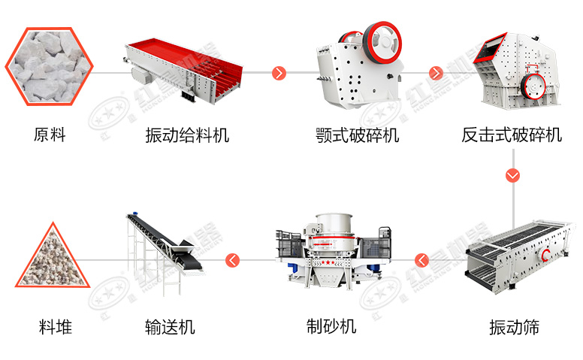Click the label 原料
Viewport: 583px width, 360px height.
[50, 135]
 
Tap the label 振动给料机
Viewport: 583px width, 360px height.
[187, 135]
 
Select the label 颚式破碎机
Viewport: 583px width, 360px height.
[357, 135]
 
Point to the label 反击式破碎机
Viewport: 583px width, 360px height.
[512, 135]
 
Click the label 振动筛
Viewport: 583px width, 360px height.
[514, 327]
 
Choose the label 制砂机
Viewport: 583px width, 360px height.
[331, 327]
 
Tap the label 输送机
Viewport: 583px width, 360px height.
[170, 327]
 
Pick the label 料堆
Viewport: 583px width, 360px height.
[56, 327]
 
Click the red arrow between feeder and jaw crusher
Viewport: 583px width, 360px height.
[279, 73]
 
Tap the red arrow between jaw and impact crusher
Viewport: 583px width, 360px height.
[436, 73]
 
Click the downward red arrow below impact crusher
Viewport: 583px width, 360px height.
[513, 176]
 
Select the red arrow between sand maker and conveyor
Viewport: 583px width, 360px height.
[234, 260]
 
